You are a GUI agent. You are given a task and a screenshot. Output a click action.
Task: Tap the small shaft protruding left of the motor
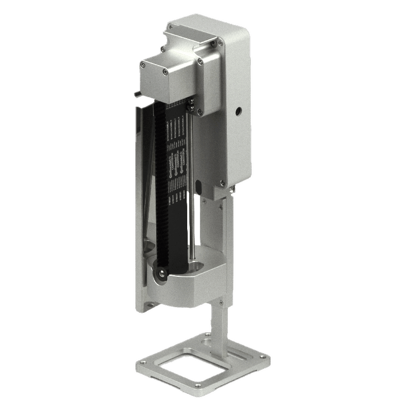136,94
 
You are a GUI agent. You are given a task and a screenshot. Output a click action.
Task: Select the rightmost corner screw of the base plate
263,357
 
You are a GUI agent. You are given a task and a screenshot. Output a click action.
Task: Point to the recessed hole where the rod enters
196,265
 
